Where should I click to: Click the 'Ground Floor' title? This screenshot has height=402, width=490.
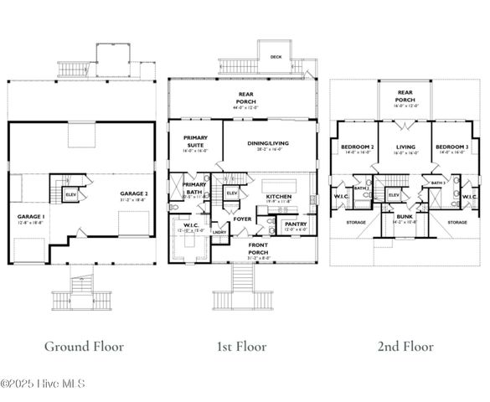pyautogui.click(x=84, y=345)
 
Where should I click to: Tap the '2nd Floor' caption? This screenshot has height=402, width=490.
pyautogui.click(x=405, y=345)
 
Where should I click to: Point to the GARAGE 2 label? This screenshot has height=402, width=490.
pyautogui.click(x=131, y=194)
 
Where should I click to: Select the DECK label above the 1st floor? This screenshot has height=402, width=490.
pyautogui.click(x=276, y=57)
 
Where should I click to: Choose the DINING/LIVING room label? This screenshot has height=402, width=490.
pyautogui.click(x=268, y=143)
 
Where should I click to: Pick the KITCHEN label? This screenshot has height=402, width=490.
pyautogui.click(x=278, y=196)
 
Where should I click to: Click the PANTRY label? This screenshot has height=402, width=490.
pyautogui.click(x=296, y=224)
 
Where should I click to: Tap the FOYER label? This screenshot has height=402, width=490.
pyautogui.click(x=242, y=219)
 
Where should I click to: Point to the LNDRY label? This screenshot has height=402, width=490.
pyautogui.click(x=219, y=231)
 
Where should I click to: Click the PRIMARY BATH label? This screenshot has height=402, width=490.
pyautogui.click(x=194, y=188)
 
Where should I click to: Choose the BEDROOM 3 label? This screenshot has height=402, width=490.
pyautogui.click(x=451, y=147)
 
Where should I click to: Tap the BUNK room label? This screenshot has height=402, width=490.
pyautogui.click(x=405, y=217)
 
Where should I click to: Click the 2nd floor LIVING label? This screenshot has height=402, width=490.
pyautogui.click(x=405, y=147)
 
